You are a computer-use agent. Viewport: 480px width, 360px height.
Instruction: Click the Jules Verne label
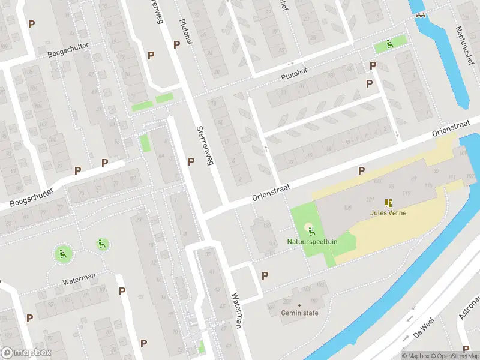point(388,212)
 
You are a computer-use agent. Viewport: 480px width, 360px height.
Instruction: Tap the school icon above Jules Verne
point(388,203)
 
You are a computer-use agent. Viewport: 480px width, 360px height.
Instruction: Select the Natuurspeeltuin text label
point(308,242)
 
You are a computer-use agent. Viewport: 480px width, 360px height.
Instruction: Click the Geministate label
point(299,313)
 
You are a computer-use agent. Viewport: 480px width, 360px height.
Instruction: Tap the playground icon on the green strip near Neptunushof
point(389,43)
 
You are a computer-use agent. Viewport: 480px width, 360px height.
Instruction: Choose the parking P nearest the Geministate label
point(265,275)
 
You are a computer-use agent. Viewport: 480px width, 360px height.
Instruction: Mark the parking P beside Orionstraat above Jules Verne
point(361,171)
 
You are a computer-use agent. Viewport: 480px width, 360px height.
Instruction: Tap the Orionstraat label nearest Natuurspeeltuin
point(271,193)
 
